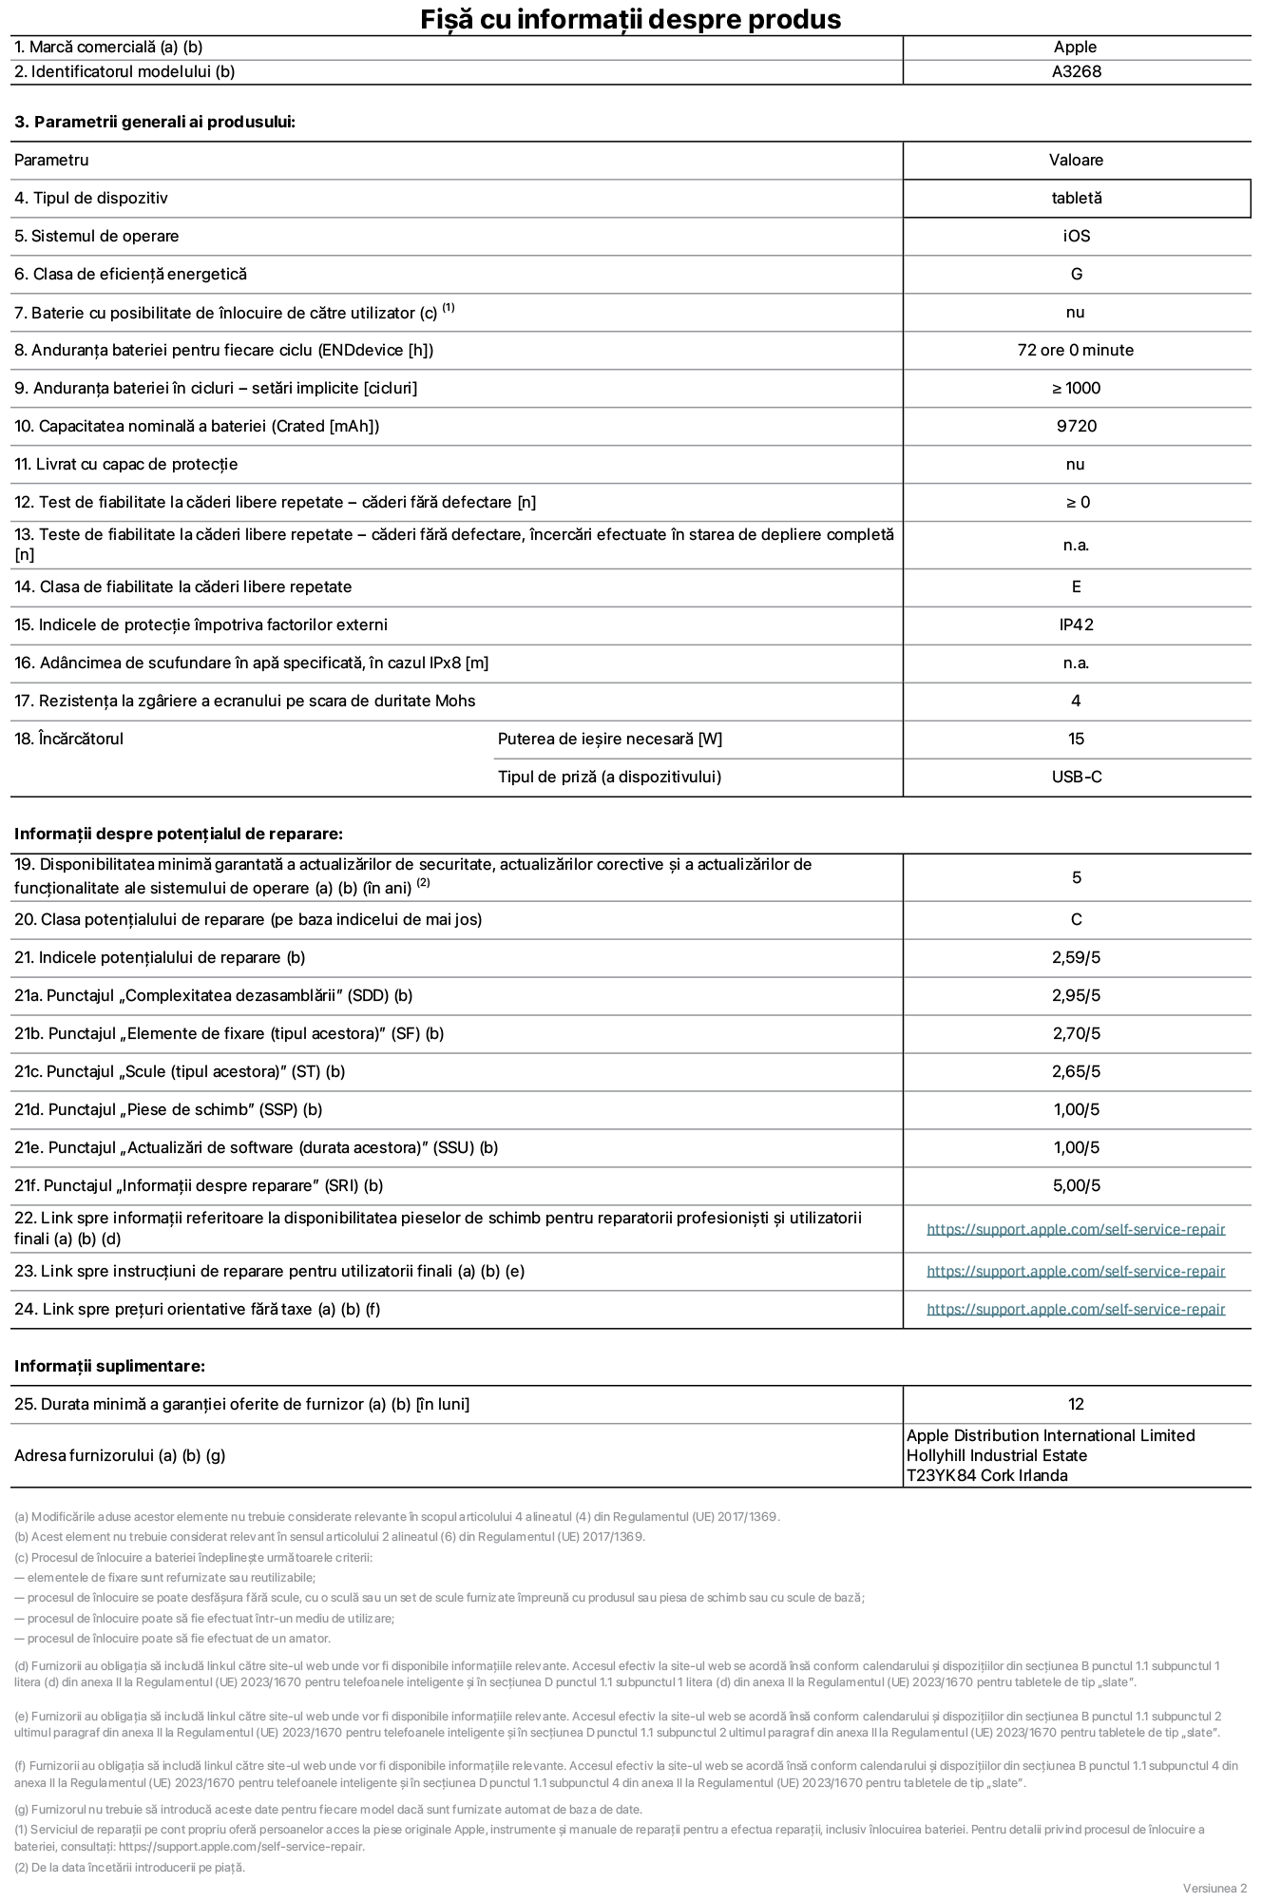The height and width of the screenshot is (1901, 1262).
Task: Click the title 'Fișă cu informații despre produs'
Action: (630, 19)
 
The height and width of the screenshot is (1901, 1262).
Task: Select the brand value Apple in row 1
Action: (1075, 47)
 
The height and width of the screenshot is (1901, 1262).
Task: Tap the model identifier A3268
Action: (1076, 71)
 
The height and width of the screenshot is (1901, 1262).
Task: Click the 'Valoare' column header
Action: (1076, 160)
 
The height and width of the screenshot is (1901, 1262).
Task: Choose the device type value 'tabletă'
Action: (1076, 198)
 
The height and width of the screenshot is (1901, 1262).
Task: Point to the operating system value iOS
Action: (1076, 236)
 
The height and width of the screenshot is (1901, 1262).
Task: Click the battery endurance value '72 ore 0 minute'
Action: (1075, 350)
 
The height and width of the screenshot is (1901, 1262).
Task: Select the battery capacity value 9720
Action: (1076, 426)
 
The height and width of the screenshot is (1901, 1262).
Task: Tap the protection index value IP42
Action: (1076, 624)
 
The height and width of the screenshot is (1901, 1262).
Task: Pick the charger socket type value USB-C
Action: (1076, 777)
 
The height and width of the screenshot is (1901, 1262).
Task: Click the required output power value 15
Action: (1076, 739)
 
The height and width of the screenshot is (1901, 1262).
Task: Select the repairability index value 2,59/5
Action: (1076, 957)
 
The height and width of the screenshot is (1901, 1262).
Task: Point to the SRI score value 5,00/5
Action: (1076, 1185)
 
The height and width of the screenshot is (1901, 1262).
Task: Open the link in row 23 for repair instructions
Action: (1076, 1271)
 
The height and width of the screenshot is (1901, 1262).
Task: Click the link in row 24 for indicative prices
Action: (1076, 1309)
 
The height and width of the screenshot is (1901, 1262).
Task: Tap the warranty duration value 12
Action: (1076, 1404)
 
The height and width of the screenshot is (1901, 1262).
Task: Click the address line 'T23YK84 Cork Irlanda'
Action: (986, 1475)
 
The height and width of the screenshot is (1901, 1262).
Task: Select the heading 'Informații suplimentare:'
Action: (109, 1366)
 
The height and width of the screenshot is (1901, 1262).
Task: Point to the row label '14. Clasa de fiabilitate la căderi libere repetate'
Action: (182, 586)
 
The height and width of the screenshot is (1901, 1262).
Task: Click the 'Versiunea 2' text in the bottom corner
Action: (1214, 1887)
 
